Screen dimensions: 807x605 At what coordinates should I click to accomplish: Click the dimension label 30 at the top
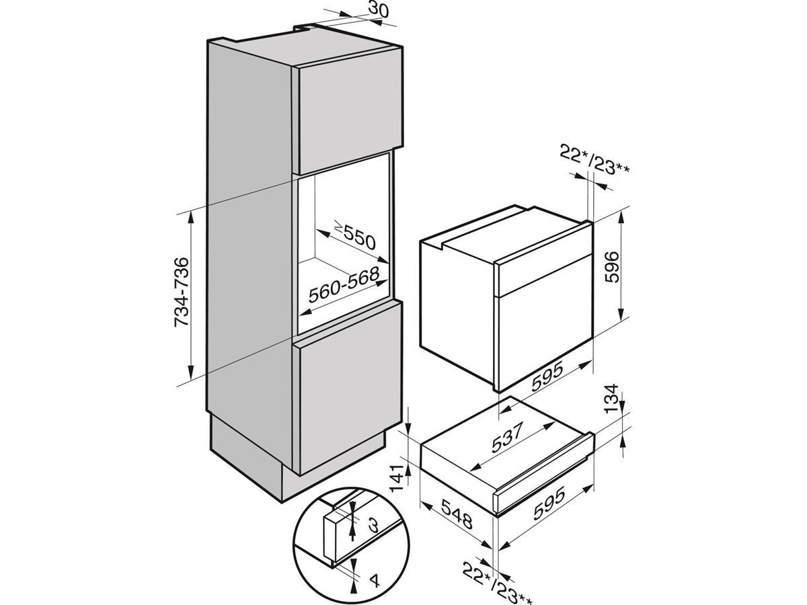click(378, 9)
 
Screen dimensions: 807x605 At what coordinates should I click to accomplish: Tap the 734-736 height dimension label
click(182, 292)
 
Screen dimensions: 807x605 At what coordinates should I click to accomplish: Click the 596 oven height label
click(612, 267)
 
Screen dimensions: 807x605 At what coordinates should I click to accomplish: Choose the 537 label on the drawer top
click(507, 437)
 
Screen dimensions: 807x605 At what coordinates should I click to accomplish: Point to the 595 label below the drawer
click(549, 505)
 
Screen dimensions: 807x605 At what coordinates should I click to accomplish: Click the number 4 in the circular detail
click(374, 591)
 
